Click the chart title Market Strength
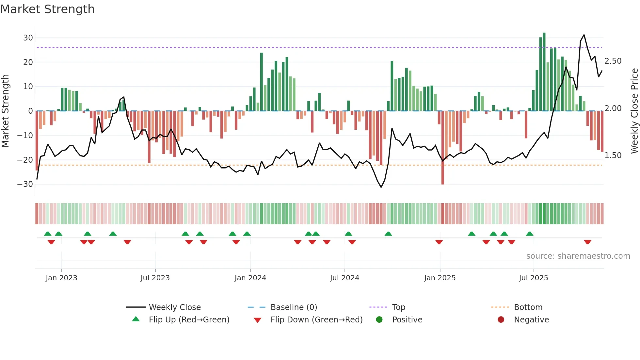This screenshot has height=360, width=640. coord(48,9)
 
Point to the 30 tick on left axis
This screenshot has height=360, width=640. coord(28,38)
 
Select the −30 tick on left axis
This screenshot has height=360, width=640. coord(25,184)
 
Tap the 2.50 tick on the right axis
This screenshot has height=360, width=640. coord(613,61)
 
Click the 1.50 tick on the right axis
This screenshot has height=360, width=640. coord(613,155)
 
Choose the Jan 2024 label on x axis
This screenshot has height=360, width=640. coord(250,278)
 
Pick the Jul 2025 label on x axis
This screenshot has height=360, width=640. coord(533,278)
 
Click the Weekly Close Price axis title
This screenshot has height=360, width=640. coord(634,111)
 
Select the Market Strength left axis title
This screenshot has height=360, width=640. coord(6,111)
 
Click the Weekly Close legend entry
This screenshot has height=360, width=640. coord(174,307)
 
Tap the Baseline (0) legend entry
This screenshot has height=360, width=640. coord(294,307)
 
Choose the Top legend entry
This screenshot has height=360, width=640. coord(398,307)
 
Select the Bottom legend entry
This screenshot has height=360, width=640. coord(528,307)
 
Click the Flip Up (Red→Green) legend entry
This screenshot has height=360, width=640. coord(189,320)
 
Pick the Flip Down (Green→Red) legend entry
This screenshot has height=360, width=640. coord(316,320)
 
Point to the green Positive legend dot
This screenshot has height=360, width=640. coord(379,319)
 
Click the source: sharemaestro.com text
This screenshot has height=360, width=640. coord(578,256)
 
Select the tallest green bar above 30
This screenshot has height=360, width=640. coord(544,72)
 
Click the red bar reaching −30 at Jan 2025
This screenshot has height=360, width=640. coord(442,147)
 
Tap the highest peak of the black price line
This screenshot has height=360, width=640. coord(584,35)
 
